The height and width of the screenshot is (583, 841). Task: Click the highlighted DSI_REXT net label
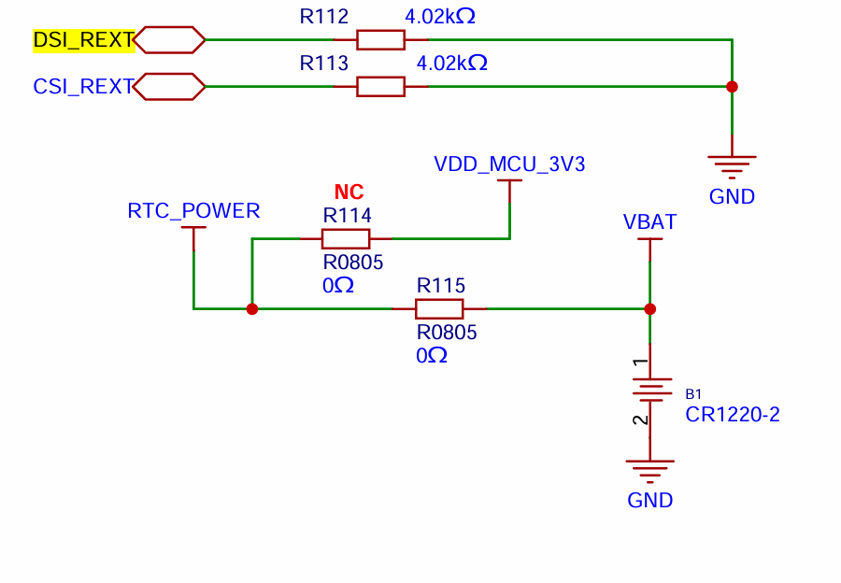pos(83,40)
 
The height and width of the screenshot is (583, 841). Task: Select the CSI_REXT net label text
pos(83,86)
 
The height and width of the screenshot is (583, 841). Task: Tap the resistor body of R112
pos(381,40)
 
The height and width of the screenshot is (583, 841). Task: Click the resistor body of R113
pos(381,86)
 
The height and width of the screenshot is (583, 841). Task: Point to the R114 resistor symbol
pos(346,238)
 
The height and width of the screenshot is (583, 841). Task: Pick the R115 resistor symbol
pos(439,309)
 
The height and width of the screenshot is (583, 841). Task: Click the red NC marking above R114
pos(349,192)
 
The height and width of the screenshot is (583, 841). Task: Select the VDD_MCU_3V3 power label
pos(509,164)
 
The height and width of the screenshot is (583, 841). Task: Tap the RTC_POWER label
pos(193,211)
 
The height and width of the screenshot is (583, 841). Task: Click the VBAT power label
pos(650,221)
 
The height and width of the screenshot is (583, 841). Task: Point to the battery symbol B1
pos(650,390)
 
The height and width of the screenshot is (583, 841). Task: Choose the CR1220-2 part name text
pos(733,415)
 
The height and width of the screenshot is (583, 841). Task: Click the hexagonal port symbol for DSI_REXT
pos(169,40)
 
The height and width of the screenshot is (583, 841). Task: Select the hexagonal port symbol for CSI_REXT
pos(169,86)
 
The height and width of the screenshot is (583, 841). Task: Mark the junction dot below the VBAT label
pos(650,309)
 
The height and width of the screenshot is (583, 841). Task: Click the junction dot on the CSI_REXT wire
pos(732,87)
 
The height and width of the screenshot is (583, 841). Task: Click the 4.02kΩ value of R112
pos(440,17)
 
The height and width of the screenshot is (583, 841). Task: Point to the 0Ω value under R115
pos(432,356)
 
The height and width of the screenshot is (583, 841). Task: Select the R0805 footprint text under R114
pos(353,263)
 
